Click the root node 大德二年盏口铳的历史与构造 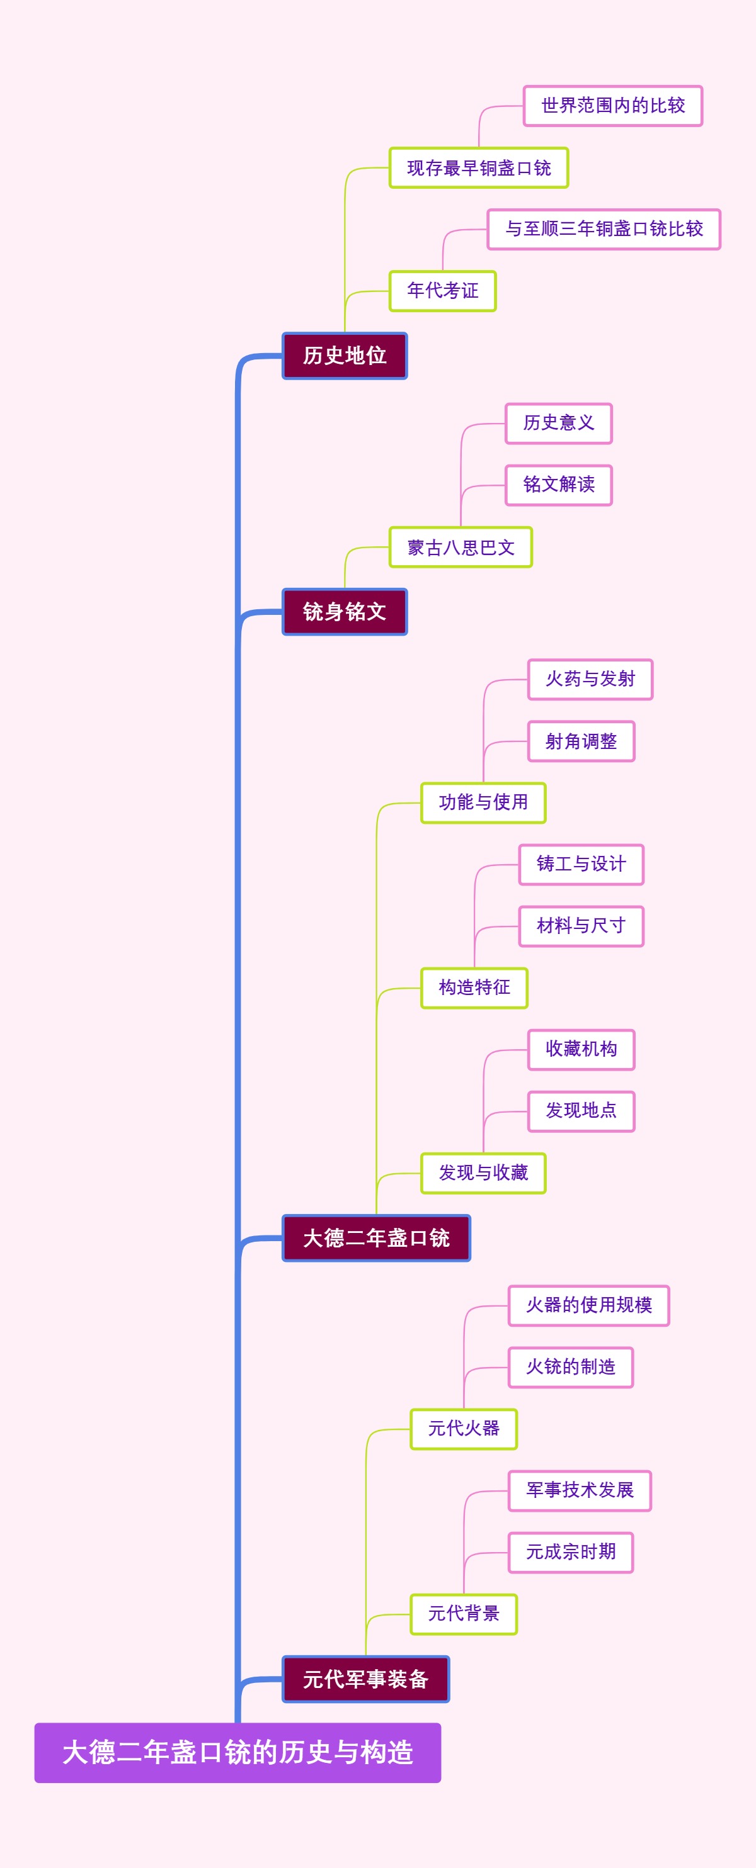238,1752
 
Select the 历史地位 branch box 345,356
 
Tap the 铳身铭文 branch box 345,611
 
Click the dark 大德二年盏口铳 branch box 376,1238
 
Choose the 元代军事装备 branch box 365,1679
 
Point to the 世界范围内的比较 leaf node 613,106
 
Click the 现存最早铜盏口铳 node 479,167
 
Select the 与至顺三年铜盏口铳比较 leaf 604,229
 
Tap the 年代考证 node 442,291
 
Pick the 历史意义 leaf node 559,423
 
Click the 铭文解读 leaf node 559,485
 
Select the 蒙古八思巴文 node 461,547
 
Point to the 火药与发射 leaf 590,678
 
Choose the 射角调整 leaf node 581,741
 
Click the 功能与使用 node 483,802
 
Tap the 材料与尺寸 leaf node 581,926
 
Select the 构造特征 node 474,987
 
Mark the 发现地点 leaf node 581,1111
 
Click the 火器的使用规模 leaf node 588,1305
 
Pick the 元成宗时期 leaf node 571,1552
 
